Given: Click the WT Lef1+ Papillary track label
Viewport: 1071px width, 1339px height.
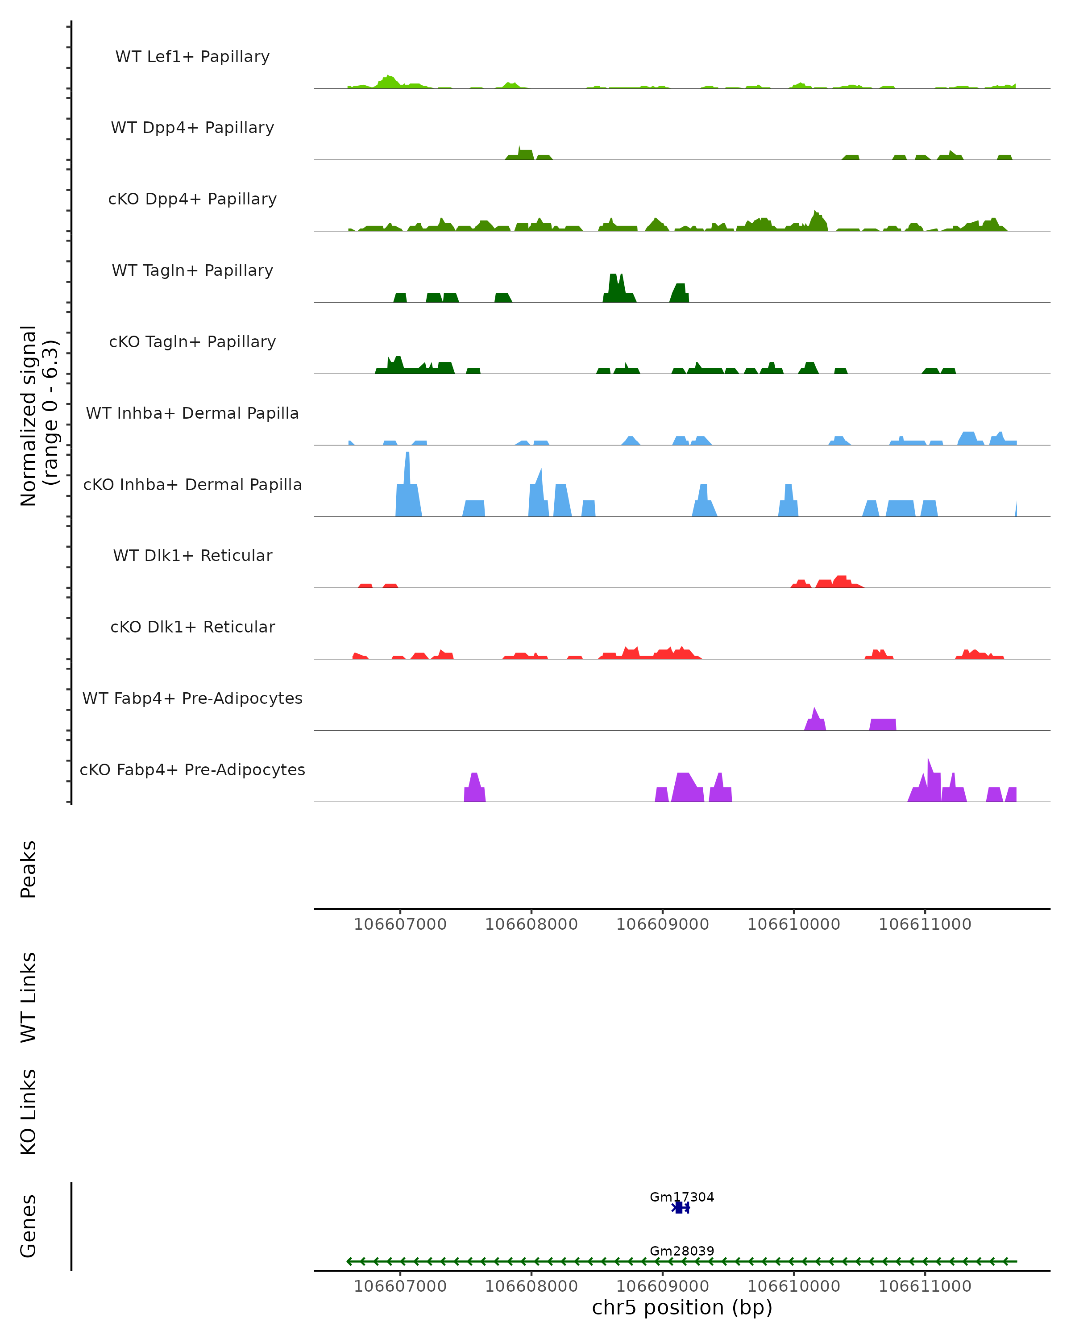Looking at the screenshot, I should (192, 57).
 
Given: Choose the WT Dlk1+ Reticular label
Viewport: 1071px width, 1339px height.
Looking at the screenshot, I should (192, 555).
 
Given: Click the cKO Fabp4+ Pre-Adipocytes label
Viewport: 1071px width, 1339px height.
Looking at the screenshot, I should (192, 769).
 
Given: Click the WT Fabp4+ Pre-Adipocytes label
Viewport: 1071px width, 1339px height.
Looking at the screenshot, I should (192, 698).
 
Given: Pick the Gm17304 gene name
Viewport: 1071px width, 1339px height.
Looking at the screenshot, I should (682, 1197).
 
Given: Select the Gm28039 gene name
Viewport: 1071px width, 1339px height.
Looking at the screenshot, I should (682, 1251).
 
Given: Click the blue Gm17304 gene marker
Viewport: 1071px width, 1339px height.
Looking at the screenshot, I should (679, 1207).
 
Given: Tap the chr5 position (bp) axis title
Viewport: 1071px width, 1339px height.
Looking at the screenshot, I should (682, 1307).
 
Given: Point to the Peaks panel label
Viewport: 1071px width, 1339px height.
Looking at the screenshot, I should (29, 869).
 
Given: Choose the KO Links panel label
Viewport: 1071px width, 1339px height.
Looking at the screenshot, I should (29, 1112).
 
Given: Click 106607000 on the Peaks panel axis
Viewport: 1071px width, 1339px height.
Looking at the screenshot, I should (400, 924).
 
